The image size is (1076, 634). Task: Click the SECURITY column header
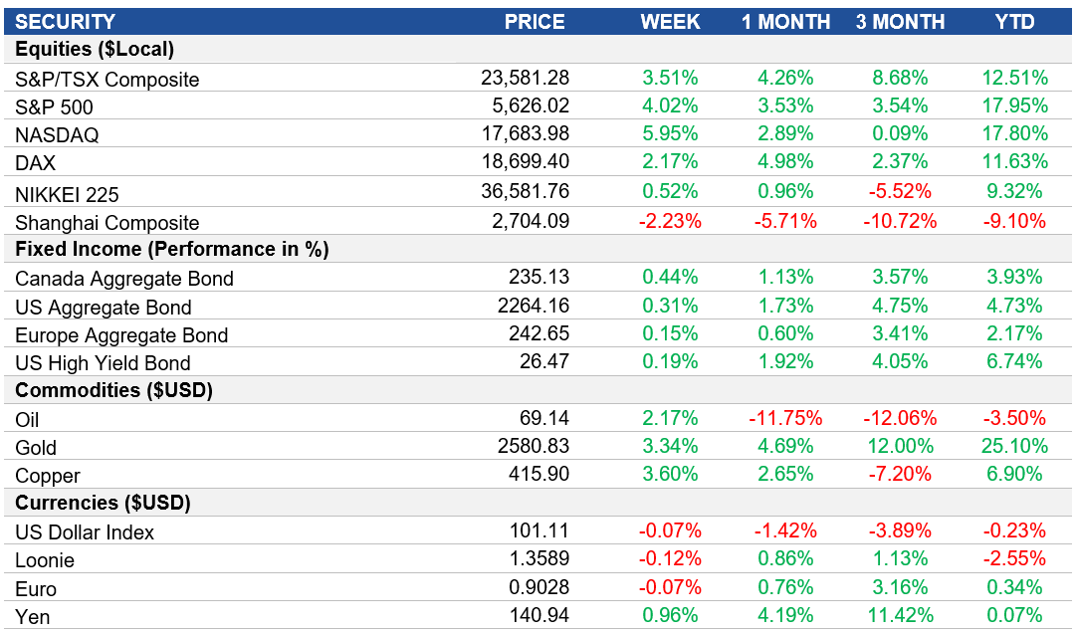pyautogui.click(x=65, y=21)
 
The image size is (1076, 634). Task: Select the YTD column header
pyautogui.click(x=1014, y=21)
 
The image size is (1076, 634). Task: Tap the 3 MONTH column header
pyautogui.click(x=900, y=21)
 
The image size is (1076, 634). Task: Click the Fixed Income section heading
pyautogui.click(x=171, y=249)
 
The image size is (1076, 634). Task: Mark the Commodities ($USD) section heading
pyautogui.click(x=113, y=390)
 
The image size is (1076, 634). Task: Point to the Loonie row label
pyautogui.click(x=45, y=560)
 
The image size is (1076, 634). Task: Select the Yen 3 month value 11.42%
pyautogui.click(x=896, y=614)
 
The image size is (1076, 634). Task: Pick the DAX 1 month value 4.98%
pyautogui.click(x=783, y=161)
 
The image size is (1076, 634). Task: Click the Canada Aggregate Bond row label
pyautogui.click(x=124, y=279)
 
